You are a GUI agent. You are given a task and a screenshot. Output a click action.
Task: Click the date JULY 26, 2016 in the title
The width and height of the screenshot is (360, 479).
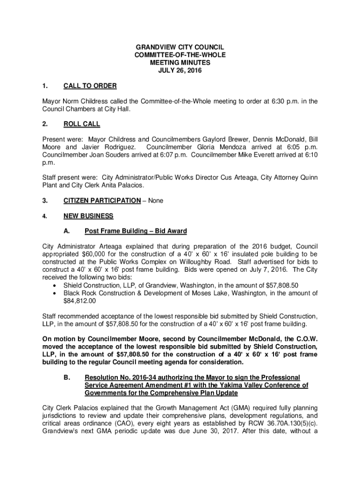(180, 70)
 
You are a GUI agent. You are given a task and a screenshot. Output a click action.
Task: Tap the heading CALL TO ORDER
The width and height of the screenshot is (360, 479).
(90, 86)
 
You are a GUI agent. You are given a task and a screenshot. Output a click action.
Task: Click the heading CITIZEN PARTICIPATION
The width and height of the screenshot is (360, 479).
(101, 201)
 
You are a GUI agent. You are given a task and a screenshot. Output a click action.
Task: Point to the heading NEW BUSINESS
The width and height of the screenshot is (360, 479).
(88, 216)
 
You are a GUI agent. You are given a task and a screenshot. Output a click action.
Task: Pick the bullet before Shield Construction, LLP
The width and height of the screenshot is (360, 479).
(56, 285)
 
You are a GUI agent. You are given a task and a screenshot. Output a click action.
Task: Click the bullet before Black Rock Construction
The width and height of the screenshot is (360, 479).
(56, 293)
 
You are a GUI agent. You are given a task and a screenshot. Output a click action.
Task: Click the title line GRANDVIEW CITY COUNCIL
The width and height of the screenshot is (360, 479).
(180, 48)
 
